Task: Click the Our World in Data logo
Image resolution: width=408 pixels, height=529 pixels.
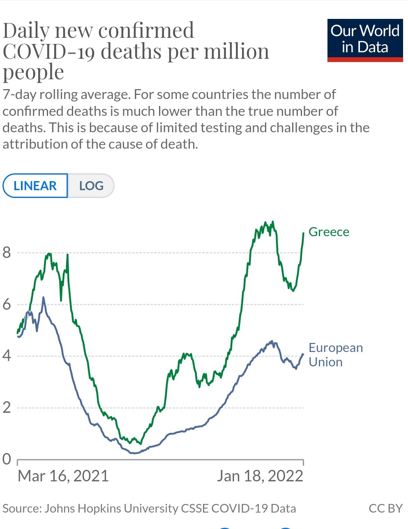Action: [x=365, y=40]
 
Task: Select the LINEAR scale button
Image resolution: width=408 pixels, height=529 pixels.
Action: [x=35, y=186]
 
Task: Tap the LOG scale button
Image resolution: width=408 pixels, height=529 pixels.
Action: [x=91, y=186]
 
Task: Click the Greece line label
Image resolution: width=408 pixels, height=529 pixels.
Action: [x=329, y=232]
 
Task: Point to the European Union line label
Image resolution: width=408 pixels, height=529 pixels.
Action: [x=335, y=354]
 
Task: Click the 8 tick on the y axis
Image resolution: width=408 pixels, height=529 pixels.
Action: [x=7, y=252]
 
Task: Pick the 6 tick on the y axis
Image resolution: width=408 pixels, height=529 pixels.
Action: [x=7, y=304]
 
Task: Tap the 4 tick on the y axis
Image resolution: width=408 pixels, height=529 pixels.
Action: [x=7, y=356]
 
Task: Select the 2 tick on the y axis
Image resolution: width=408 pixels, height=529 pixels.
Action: [x=7, y=407]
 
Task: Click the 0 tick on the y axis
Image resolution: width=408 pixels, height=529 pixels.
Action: [x=7, y=459]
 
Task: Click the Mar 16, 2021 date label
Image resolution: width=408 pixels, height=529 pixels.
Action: [x=63, y=476]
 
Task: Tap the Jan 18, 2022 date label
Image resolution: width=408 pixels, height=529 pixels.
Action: [x=260, y=476]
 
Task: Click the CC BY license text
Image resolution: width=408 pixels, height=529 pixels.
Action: [x=385, y=508]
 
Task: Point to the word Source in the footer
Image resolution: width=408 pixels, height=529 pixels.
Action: [x=21, y=508]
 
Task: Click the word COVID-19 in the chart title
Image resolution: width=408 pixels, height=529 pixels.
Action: [x=49, y=51]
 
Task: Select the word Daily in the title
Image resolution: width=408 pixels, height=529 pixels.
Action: [x=26, y=31]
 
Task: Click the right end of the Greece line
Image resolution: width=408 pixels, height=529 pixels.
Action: [x=303, y=233]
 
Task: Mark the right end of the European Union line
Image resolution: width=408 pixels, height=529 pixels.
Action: [x=303, y=354]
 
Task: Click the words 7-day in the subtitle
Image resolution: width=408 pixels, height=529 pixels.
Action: [x=19, y=94]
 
